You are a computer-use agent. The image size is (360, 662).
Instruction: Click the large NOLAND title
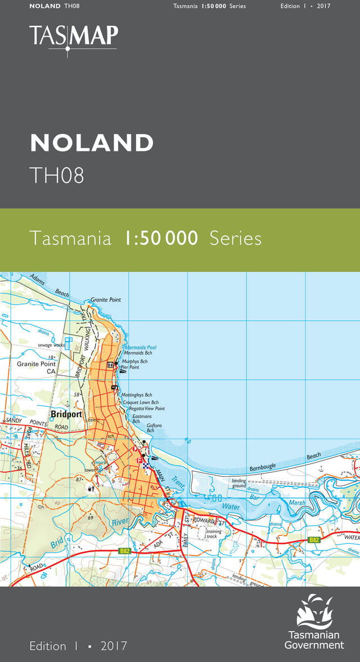(92, 143)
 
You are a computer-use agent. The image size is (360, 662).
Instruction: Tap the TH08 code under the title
(57, 175)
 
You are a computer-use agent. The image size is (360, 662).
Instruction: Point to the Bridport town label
(66, 414)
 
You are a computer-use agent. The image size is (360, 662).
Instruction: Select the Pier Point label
(130, 367)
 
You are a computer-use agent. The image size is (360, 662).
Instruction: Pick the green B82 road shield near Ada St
(125, 551)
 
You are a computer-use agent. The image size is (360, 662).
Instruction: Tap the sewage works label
(52, 344)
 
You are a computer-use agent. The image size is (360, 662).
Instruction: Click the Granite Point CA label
(36, 368)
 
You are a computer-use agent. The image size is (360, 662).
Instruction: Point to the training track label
(214, 534)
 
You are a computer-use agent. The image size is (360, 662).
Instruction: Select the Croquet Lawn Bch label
(140, 402)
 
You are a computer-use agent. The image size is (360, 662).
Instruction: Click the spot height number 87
(79, 479)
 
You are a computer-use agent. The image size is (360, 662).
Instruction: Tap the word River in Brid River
(120, 522)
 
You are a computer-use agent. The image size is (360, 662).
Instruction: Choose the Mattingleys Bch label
(137, 395)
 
